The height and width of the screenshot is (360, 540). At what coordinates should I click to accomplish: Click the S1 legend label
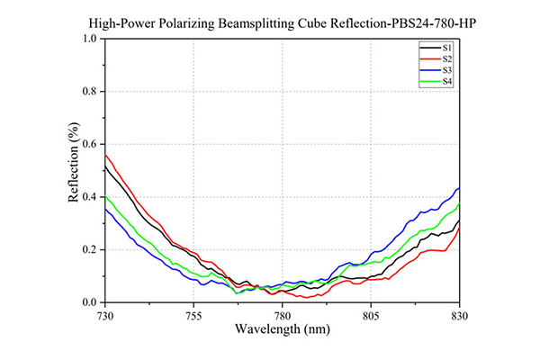click(x=446, y=48)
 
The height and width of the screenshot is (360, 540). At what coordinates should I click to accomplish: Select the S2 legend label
click(x=447, y=58)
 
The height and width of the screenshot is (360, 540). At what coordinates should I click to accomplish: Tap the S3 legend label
click(x=447, y=70)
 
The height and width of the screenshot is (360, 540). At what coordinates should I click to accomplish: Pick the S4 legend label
click(x=447, y=82)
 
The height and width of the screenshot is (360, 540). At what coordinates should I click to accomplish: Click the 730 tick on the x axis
click(x=105, y=316)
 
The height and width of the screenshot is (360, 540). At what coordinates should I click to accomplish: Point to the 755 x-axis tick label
click(x=193, y=316)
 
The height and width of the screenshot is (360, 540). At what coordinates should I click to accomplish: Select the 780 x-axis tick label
click(x=282, y=316)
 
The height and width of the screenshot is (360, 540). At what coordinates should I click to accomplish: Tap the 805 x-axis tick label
click(x=371, y=316)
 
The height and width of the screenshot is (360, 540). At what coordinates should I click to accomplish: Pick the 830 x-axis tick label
click(x=459, y=316)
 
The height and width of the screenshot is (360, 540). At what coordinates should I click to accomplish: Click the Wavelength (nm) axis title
click(x=283, y=329)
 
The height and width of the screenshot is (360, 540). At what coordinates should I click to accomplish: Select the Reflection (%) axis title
click(x=74, y=162)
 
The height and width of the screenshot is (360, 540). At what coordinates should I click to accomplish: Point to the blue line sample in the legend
click(x=430, y=70)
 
